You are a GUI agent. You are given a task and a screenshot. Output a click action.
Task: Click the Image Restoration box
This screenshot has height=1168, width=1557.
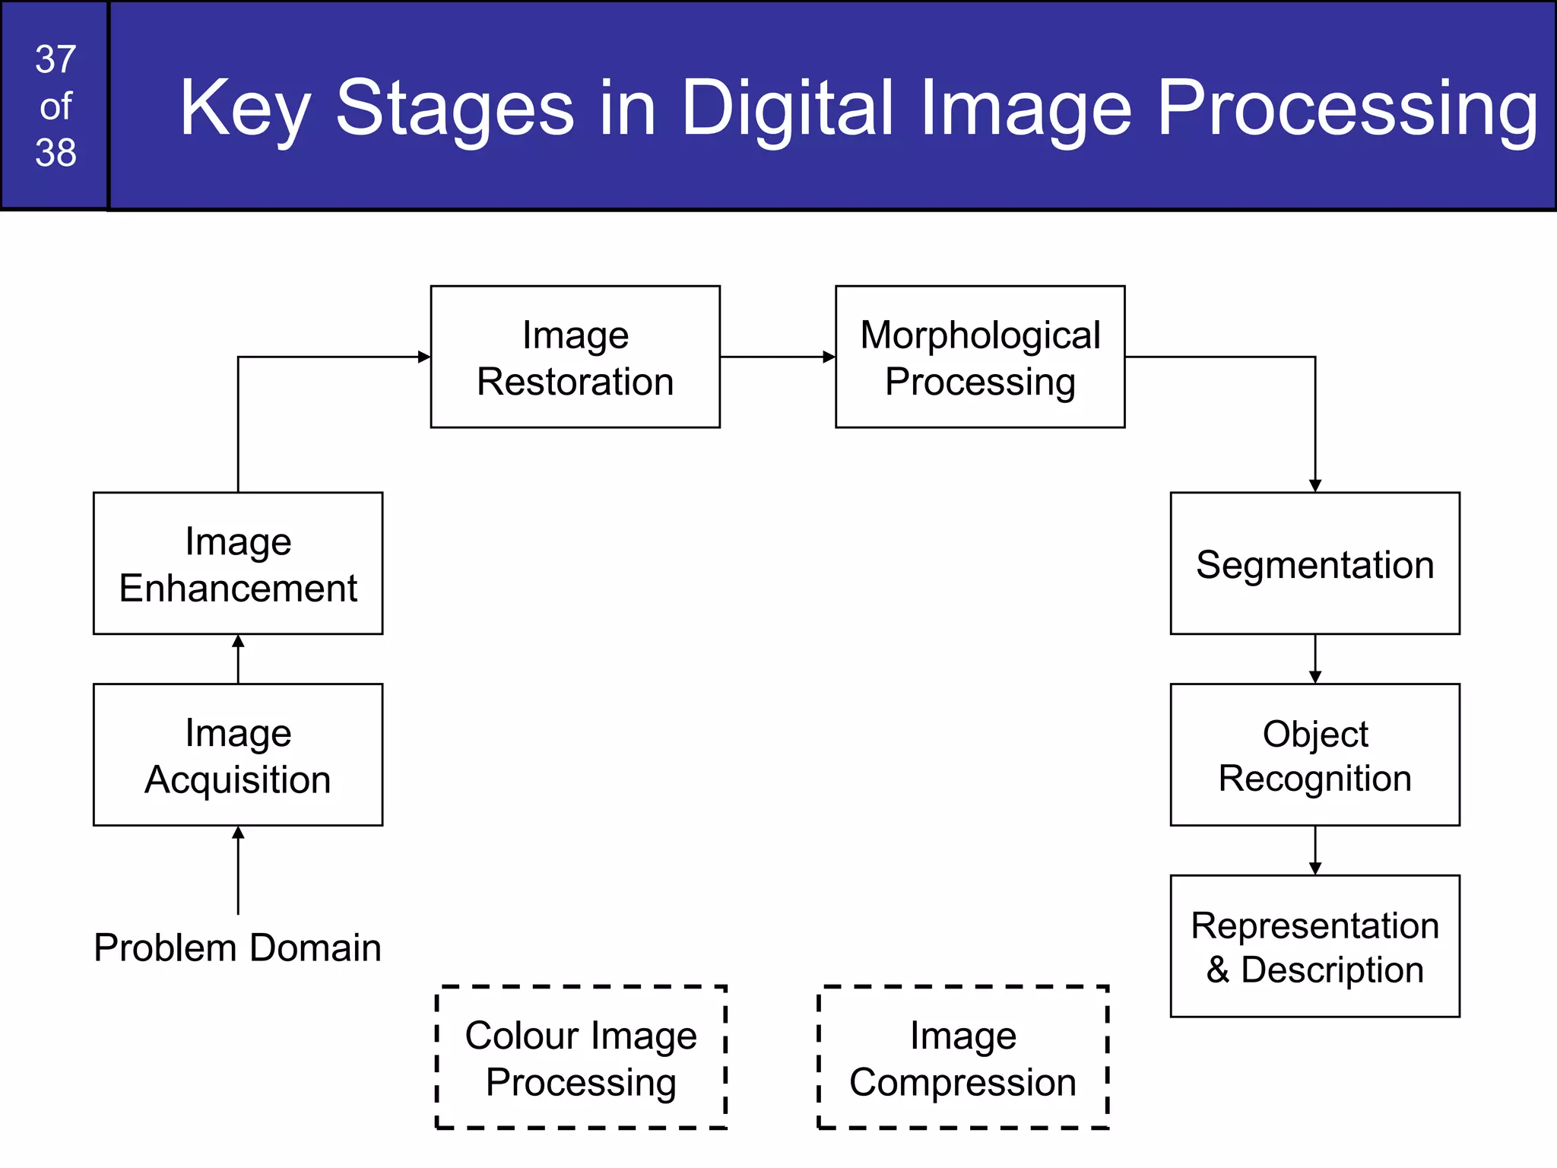575,357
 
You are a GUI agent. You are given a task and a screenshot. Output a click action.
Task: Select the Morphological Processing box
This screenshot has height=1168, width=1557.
979,357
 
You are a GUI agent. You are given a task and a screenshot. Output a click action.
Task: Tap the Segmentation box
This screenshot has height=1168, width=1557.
1314,563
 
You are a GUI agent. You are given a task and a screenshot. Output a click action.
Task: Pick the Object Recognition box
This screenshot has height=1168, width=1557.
1314,754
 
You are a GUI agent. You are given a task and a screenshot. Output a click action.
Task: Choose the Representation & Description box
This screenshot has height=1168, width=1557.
1314,946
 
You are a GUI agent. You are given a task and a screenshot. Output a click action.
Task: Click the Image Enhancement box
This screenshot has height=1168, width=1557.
238,563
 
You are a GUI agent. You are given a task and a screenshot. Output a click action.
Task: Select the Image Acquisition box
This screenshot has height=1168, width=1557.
238,754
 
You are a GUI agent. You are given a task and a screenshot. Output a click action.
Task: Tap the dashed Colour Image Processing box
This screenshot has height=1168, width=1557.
581,1058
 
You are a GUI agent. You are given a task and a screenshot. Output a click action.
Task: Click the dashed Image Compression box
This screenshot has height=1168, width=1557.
962,1058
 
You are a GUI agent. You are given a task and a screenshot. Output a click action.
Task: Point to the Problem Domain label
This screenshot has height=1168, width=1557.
237,947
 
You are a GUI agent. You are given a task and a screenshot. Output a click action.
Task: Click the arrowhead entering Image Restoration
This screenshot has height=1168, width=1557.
424,357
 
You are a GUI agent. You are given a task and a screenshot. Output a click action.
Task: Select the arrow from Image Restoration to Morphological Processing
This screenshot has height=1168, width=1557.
777,357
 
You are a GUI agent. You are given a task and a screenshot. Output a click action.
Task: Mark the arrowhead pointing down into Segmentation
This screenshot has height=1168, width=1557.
1315,485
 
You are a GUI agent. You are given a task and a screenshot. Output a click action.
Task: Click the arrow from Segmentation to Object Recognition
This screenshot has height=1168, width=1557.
1315,659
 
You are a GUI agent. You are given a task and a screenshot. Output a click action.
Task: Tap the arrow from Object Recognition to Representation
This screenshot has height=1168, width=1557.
1315,851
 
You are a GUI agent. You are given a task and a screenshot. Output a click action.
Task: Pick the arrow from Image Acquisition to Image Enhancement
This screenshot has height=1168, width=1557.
238,659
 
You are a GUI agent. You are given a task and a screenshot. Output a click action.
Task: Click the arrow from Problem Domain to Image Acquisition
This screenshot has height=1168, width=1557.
238,871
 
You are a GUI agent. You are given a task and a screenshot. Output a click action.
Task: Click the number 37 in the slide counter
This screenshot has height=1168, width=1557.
55,59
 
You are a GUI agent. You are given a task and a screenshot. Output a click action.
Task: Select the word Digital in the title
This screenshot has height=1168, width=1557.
786,108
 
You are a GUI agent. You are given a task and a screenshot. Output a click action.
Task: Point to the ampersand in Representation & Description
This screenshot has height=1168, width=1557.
1217,970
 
